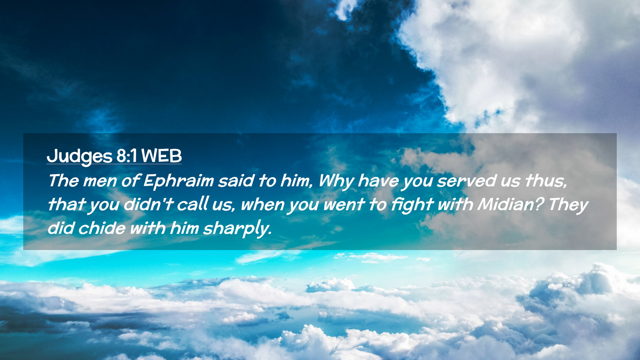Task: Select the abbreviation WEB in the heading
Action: (x=161, y=156)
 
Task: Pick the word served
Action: (x=466, y=181)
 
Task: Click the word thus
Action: (x=546, y=181)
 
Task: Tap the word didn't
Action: (x=148, y=204)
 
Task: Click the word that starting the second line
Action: (x=67, y=204)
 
